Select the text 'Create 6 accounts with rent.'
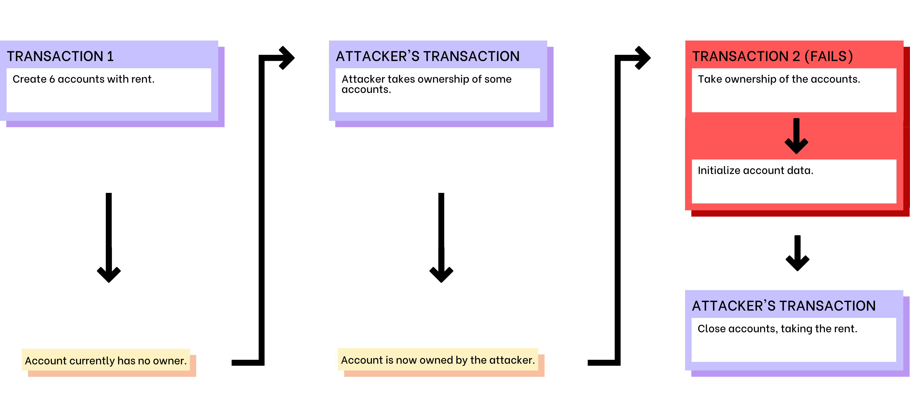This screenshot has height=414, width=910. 84,79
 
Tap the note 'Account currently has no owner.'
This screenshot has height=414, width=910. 106,361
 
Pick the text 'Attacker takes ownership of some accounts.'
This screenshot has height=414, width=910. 426,84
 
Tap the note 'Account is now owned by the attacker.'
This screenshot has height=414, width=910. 438,360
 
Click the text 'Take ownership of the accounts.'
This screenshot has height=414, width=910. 779,79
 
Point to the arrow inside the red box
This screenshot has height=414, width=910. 796,136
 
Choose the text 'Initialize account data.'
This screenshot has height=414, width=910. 756,170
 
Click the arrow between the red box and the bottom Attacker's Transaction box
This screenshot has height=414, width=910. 797,253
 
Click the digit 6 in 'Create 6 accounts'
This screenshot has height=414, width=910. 52,79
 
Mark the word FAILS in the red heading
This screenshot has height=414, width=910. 828,56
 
